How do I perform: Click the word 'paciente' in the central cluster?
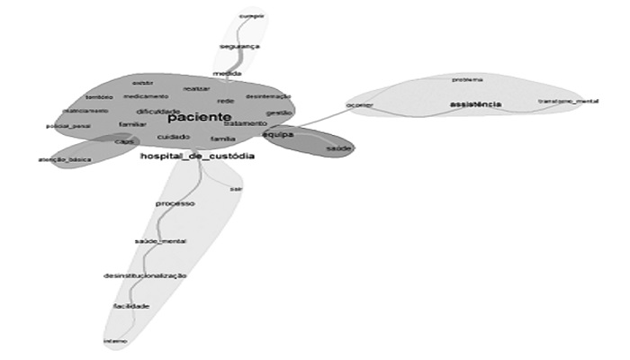200,117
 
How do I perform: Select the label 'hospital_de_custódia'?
197,157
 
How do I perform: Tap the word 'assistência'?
475,105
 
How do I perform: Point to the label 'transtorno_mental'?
568,101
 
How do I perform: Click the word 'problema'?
468,79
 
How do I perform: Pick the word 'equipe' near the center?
279,134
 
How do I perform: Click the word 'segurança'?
240,46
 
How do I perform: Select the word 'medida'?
225,73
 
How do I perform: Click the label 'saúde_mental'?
160,242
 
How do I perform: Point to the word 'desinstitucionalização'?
145,274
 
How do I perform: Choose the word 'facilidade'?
131,306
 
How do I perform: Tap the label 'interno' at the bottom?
115,341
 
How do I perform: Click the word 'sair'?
236,189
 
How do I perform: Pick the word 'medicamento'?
145,96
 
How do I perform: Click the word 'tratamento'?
245,123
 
